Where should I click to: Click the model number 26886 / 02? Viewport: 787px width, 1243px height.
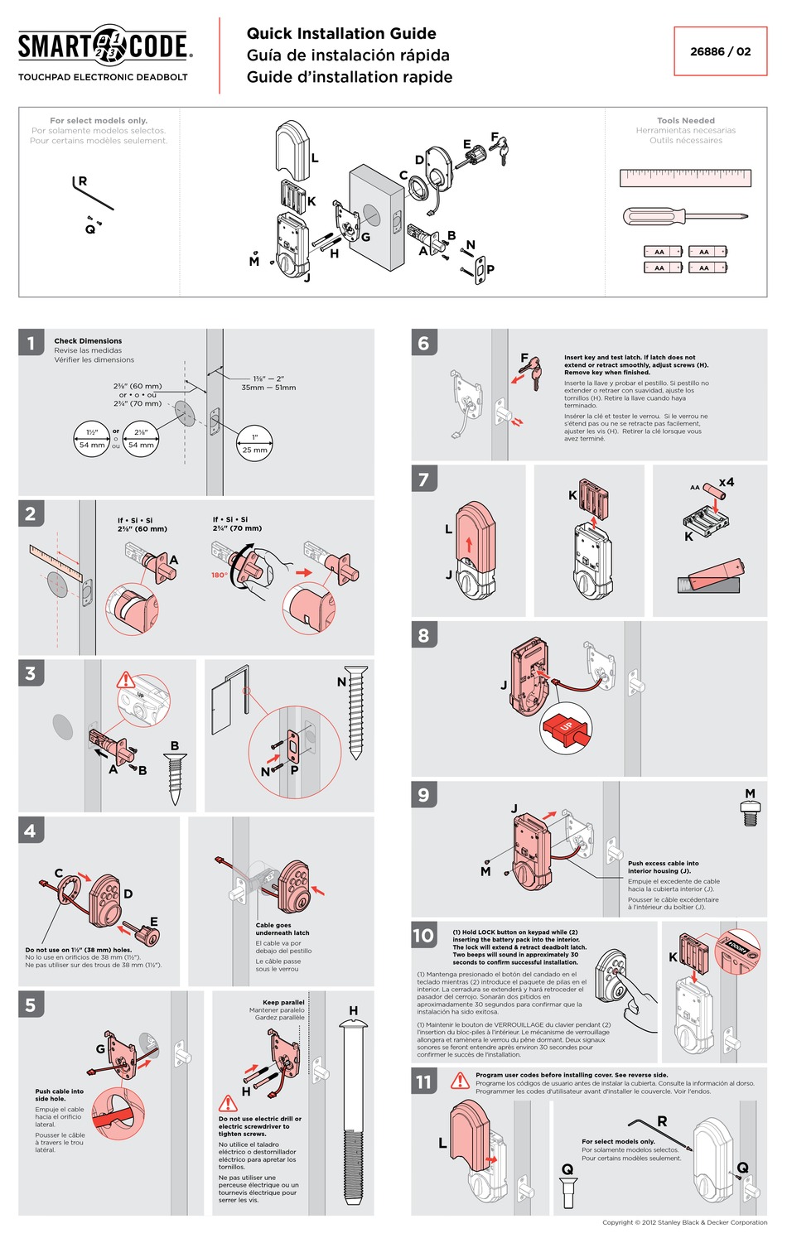click(x=720, y=51)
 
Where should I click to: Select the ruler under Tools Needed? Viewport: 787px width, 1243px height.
click(x=685, y=177)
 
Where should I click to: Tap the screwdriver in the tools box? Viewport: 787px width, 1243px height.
click(x=684, y=217)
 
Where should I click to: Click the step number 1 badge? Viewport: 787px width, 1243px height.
click(x=31, y=342)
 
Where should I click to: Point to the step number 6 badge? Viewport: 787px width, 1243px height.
click(x=423, y=342)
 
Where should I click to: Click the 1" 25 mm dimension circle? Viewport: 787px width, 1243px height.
click(x=255, y=443)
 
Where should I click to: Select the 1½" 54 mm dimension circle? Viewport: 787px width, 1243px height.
click(x=92, y=439)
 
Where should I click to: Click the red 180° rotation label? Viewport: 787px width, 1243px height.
click(x=219, y=575)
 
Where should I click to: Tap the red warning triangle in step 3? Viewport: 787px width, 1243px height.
click(x=125, y=681)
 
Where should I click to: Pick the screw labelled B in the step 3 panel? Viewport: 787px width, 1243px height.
click(x=175, y=778)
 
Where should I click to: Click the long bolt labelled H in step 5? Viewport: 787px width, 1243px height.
click(x=354, y=1114)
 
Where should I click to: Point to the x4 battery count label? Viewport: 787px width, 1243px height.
click(x=726, y=482)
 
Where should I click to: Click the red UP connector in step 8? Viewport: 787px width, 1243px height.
click(x=567, y=728)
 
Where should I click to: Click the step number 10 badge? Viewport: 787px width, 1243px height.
click(x=423, y=936)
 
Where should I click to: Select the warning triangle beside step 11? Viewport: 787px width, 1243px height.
click(x=460, y=1081)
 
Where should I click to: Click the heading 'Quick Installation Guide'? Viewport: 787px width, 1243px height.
click(x=341, y=34)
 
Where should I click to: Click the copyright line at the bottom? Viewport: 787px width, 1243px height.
click(x=684, y=1222)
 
